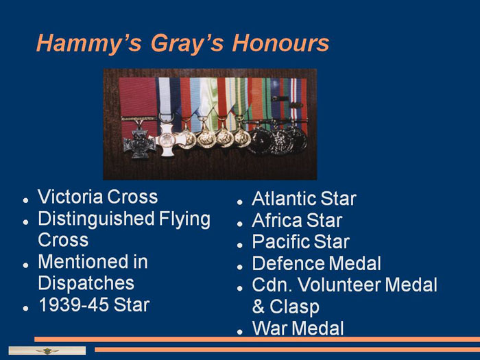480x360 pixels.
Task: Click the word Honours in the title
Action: [x=280, y=43]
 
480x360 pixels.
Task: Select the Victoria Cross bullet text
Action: [x=97, y=197]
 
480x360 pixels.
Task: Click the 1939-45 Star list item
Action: [x=94, y=305]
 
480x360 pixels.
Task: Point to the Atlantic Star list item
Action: [x=304, y=199]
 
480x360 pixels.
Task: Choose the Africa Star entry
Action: [x=297, y=220]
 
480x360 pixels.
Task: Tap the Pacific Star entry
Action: [x=300, y=242]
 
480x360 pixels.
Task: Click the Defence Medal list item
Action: [x=317, y=263]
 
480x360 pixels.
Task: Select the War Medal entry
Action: [x=298, y=328]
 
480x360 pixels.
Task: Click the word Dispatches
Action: [x=86, y=283]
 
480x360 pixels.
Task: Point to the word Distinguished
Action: [x=96, y=219]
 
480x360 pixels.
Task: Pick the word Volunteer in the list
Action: [x=339, y=285]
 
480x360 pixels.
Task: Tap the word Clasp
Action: [x=294, y=307]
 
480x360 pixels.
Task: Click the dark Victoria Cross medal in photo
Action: [x=139, y=143]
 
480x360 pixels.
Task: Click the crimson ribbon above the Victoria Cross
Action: [x=138, y=97]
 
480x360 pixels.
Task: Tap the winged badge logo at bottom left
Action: [x=47, y=351]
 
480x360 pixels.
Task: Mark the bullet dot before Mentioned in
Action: [x=26, y=265]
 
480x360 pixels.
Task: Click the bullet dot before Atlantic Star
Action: [x=240, y=202]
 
